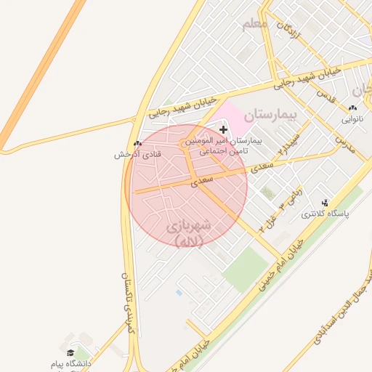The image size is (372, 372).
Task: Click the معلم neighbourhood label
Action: (256, 24)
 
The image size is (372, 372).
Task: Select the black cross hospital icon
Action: (223, 129)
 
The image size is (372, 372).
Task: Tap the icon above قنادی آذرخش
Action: (137, 143)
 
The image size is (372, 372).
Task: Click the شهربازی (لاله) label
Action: (189, 233)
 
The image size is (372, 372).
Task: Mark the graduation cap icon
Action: (70, 352)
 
